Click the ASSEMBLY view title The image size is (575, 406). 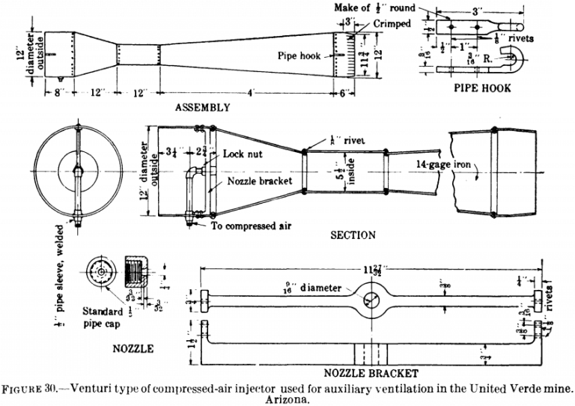click(201, 107)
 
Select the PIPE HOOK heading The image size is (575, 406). click(483, 88)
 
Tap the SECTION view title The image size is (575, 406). click(353, 235)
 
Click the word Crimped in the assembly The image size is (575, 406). click(392, 24)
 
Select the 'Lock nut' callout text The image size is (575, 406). click(240, 154)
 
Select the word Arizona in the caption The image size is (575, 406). click(287, 399)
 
